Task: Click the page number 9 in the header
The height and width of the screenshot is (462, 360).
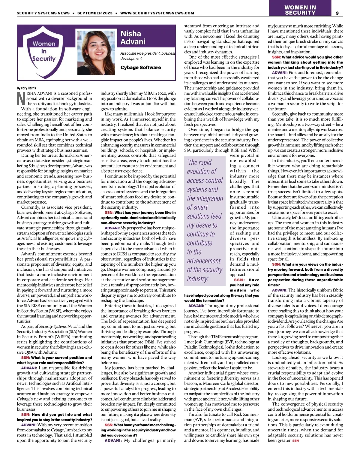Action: (x=337, y=13)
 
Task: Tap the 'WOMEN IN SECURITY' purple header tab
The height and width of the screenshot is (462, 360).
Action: (x=300, y=10)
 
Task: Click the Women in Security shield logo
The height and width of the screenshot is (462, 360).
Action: (x=44, y=51)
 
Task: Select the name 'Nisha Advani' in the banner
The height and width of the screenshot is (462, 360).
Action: (x=133, y=38)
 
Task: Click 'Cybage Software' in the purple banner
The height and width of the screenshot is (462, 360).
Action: (x=140, y=68)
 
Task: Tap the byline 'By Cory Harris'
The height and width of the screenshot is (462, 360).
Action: (x=26, y=88)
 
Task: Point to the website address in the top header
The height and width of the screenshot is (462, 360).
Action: (x=157, y=13)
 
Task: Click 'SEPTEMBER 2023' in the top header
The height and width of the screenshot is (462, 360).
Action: (x=95, y=13)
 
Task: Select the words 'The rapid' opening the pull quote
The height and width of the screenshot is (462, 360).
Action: (x=199, y=162)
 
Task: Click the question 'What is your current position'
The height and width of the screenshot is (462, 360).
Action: (x=61, y=358)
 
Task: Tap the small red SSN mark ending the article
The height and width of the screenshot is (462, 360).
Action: (x=295, y=441)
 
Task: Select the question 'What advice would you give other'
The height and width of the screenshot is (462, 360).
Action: (x=312, y=57)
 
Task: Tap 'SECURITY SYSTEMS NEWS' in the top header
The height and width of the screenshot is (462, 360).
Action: (x=43, y=13)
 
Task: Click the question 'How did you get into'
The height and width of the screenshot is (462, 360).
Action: (x=62, y=415)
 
